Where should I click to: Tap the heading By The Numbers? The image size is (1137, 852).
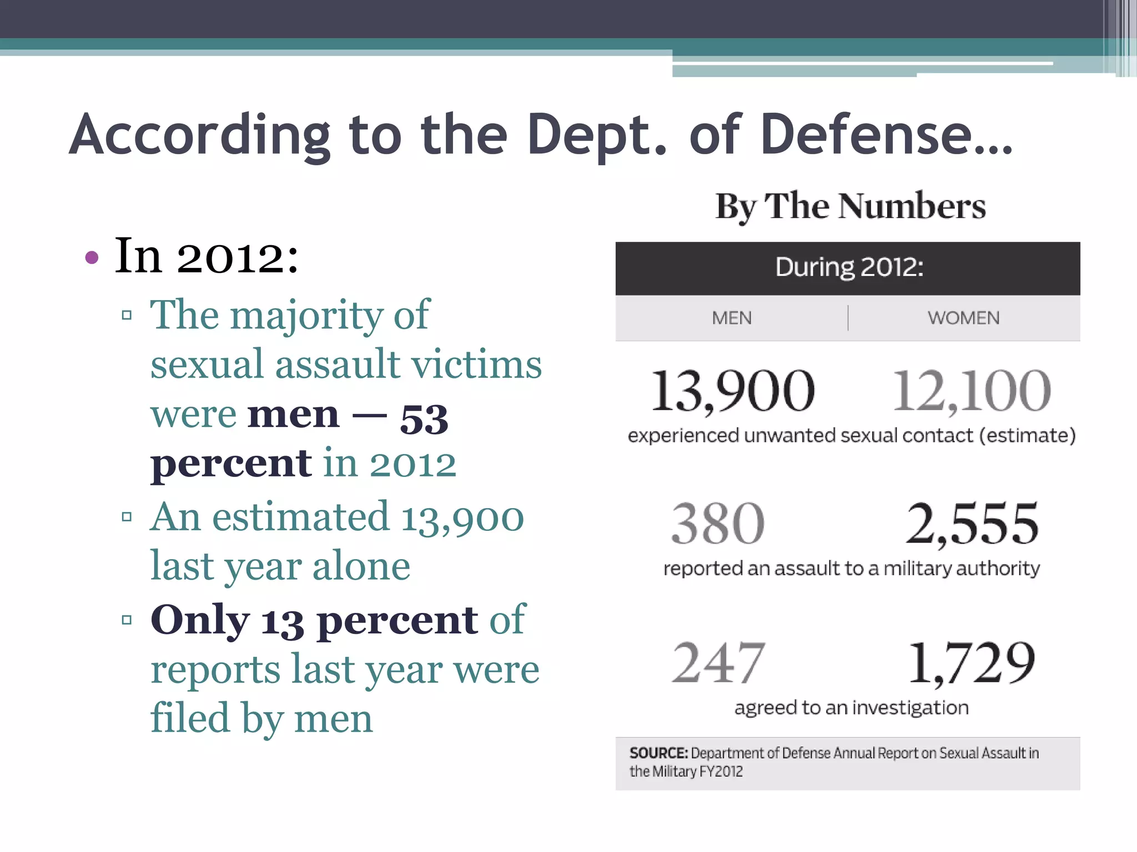(x=850, y=206)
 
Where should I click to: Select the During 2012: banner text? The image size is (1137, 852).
(x=849, y=267)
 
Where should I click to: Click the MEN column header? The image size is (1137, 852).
(x=731, y=318)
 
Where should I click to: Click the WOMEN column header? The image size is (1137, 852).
(x=963, y=318)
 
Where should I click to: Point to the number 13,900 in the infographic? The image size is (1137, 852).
(x=732, y=391)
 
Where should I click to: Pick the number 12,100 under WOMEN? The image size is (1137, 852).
(x=971, y=391)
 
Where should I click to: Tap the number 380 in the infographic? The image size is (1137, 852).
(x=717, y=524)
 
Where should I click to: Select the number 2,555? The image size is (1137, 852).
(x=972, y=524)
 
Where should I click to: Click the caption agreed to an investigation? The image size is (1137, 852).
(x=851, y=708)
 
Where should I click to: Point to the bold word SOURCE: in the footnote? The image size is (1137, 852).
(x=658, y=753)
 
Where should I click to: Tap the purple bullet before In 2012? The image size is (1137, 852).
(x=92, y=257)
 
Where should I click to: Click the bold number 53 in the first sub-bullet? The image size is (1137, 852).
(x=424, y=419)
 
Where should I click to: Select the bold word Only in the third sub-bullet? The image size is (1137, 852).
(x=200, y=620)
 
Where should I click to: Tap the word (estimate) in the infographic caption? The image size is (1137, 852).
(x=1027, y=435)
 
